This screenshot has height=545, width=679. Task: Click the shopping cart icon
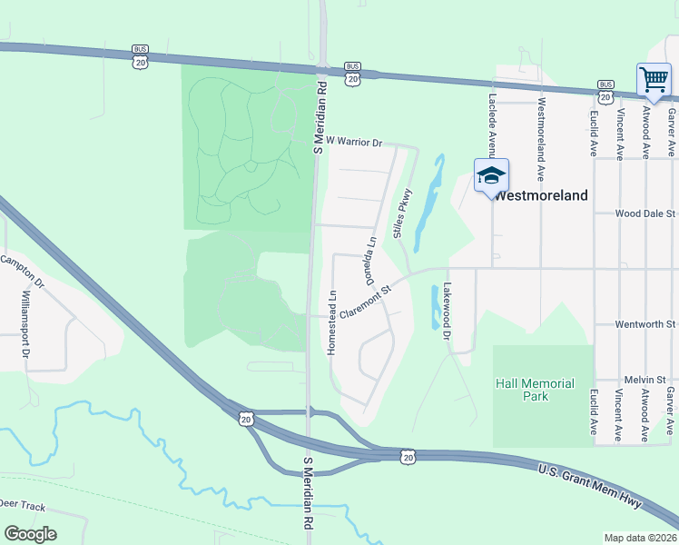pyautogui.click(x=654, y=80)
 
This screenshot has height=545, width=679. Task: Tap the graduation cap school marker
pyautogui.click(x=491, y=175)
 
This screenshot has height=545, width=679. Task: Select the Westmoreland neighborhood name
pyautogui.click(x=542, y=195)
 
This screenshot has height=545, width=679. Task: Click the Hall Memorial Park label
pyautogui.click(x=536, y=390)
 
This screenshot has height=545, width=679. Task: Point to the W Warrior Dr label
pyautogui.click(x=356, y=143)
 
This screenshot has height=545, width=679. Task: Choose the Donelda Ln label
pyautogui.click(x=371, y=262)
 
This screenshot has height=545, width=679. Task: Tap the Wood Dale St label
pyautogui.click(x=645, y=214)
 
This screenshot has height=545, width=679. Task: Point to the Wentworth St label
pyautogui.click(x=645, y=323)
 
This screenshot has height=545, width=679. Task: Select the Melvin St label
pyautogui.click(x=645, y=379)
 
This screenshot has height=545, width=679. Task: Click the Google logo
pyautogui.click(x=30, y=534)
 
